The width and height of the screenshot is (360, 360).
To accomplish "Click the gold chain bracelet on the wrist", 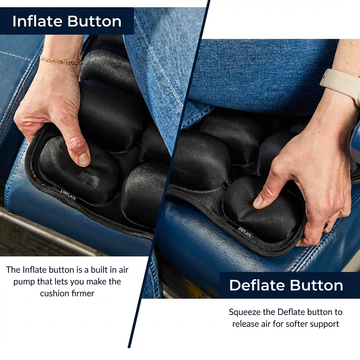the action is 61,60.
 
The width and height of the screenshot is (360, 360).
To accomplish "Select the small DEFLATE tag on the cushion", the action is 245,233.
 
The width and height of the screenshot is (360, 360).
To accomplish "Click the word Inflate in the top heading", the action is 37,21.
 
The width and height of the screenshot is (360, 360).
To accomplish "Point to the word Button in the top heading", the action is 94,21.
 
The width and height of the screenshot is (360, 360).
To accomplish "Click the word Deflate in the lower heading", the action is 257,285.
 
